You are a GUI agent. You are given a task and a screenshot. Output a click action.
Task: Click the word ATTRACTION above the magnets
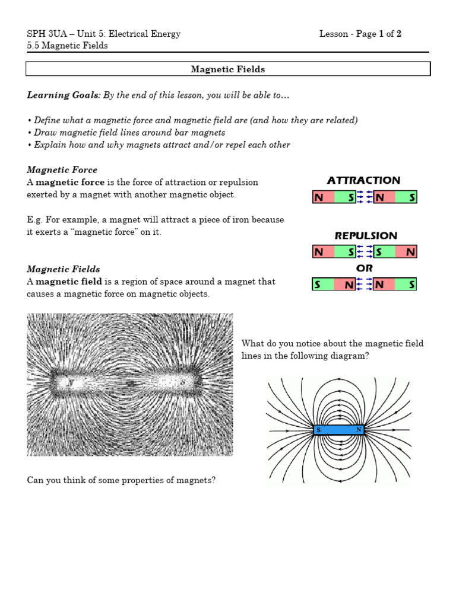pos(363,180)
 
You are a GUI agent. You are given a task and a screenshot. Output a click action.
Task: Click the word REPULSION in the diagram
pos(366,235)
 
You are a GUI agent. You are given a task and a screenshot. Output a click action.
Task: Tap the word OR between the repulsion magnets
pos(365,269)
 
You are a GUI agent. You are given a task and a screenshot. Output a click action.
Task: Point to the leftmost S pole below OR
pos(318,285)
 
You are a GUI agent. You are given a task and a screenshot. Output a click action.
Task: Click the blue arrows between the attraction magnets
pos(365,197)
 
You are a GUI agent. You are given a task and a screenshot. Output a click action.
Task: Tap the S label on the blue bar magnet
pos(319,430)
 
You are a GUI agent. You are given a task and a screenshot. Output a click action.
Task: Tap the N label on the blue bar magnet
pos(358,430)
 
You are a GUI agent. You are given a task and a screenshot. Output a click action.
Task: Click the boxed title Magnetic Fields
pos(227,69)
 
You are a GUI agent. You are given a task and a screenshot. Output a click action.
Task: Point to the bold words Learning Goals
pos(62,95)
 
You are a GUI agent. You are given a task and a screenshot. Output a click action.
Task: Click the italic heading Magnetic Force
pos(62,170)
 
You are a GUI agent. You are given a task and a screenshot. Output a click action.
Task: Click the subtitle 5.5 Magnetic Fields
pos(68,46)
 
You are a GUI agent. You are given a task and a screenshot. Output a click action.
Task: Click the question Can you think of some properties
pos(122,480)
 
